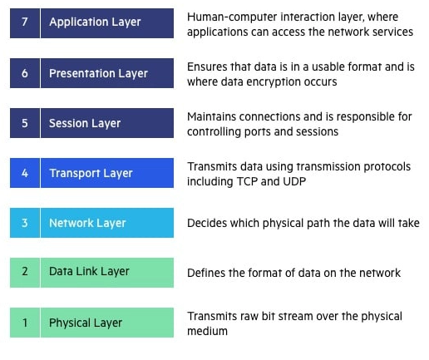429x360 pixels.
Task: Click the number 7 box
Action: coord(25,22)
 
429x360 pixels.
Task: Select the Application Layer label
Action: coord(95,22)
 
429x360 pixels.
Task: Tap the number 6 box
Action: coord(25,73)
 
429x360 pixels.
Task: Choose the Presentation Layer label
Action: coord(98,73)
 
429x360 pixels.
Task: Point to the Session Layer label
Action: coord(85,123)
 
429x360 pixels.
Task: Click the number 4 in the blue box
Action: coord(25,173)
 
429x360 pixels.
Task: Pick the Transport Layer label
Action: coord(91,173)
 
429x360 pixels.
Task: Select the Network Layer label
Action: coord(87,223)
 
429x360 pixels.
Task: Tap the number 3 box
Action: coord(25,223)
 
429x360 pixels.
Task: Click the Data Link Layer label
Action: coord(89,271)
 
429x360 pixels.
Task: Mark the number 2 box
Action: coord(25,271)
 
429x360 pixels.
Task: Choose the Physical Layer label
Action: coord(86,323)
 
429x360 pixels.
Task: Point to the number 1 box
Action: coord(25,323)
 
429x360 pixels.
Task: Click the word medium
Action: coord(208,331)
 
